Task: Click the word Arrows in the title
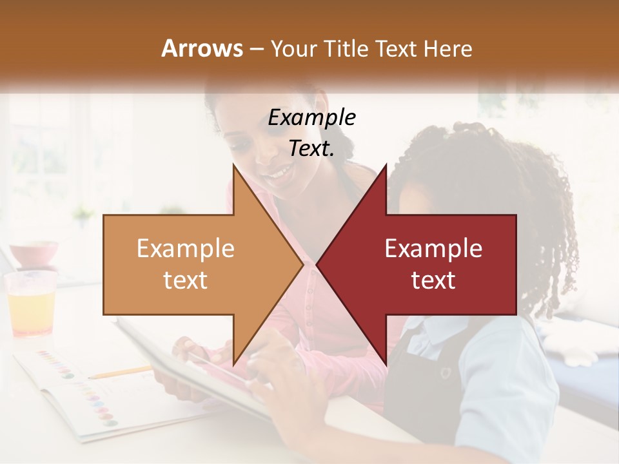(202, 48)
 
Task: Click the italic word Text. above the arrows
(311, 149)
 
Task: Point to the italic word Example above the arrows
(311, 118)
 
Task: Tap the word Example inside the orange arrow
(186, 249)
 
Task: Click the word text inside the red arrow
(433, 280)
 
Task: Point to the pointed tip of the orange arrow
(302, 264)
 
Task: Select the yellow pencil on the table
(120, 372)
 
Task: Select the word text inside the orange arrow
(186, 280)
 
